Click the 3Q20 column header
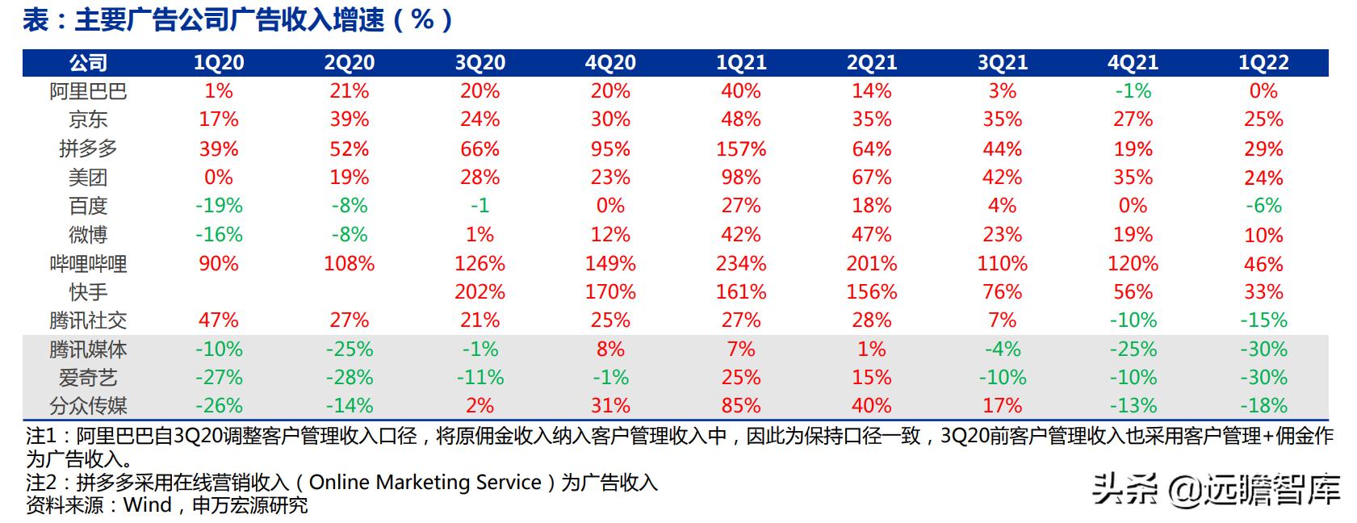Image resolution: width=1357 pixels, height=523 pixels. click(480, 63)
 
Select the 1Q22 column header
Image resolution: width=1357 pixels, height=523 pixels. click(1263, 63)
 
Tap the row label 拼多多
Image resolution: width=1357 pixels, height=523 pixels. click(88, 149)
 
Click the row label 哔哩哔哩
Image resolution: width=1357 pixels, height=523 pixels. click(88, 264)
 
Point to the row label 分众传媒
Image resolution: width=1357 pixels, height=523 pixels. click(88, 406)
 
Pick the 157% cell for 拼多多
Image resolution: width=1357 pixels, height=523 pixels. click(741, 149)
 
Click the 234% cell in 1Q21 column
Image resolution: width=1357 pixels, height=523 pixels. click(741, 264)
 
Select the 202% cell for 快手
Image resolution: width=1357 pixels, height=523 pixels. click(480, 292)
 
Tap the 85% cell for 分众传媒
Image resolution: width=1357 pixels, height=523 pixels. click(741, 406)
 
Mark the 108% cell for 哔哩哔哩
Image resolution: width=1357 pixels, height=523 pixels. click(349, 264)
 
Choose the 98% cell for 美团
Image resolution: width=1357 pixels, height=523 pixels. click(741, 178)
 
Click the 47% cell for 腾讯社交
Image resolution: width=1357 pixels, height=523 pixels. click(219, 320)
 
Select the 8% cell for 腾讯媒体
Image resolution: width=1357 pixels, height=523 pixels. click(610, 349)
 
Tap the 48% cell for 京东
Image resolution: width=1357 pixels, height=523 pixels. click(741, 120)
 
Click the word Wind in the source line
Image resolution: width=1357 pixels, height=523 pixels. click(148, 506)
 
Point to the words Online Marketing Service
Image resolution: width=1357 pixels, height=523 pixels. click(425, 483)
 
